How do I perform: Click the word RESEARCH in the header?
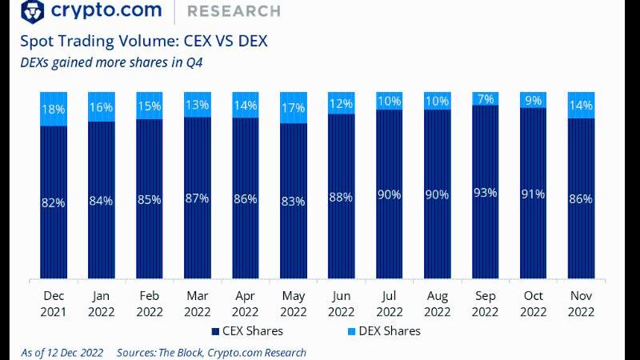233,12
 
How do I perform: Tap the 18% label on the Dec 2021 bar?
53,109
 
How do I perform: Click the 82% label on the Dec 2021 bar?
53,203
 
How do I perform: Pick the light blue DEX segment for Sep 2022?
486,98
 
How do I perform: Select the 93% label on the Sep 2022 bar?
486,193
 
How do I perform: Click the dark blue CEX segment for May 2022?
293,240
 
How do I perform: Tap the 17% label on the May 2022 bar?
293,108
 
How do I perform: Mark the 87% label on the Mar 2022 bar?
197,198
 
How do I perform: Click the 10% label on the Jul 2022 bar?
390,100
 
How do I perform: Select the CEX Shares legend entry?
248,330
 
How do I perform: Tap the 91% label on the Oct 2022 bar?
534,194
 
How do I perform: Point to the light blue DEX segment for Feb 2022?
149,106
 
